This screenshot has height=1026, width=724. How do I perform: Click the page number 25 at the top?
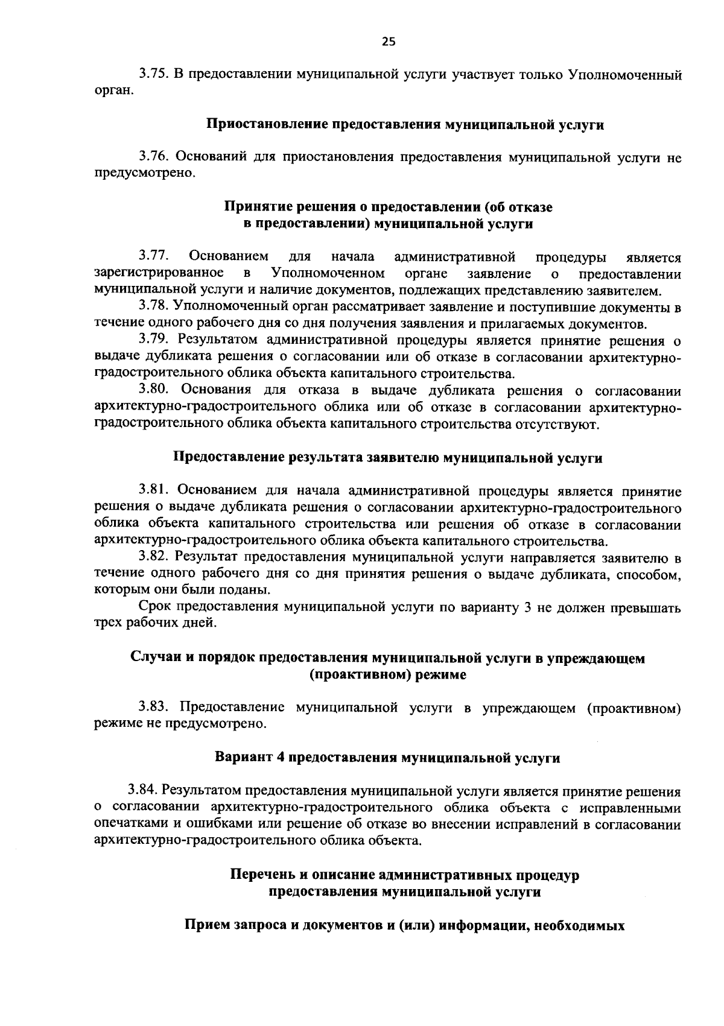point(389,42)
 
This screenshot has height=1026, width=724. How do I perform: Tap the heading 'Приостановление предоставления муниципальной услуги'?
point(405,125)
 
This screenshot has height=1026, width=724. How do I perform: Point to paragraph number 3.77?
point(153,258)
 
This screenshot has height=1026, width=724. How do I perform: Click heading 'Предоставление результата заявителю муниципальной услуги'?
point(388,458)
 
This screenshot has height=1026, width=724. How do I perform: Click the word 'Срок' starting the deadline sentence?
point(154,607)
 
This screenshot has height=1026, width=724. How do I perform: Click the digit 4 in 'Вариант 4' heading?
point(280,758)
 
